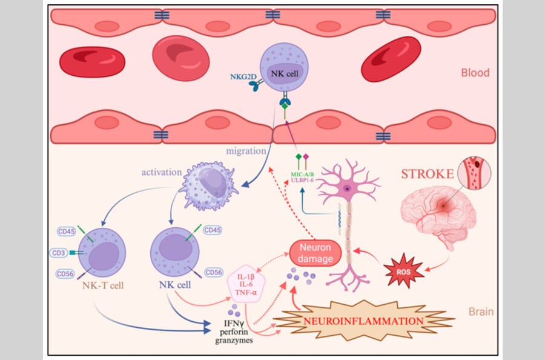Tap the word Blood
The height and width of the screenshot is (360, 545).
point(475,73)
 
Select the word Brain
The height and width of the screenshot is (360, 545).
point(481,312)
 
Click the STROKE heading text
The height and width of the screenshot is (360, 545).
point(428,175)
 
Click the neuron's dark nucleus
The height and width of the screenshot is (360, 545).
point(346,188)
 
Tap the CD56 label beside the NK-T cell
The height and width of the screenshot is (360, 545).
point(65,274)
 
